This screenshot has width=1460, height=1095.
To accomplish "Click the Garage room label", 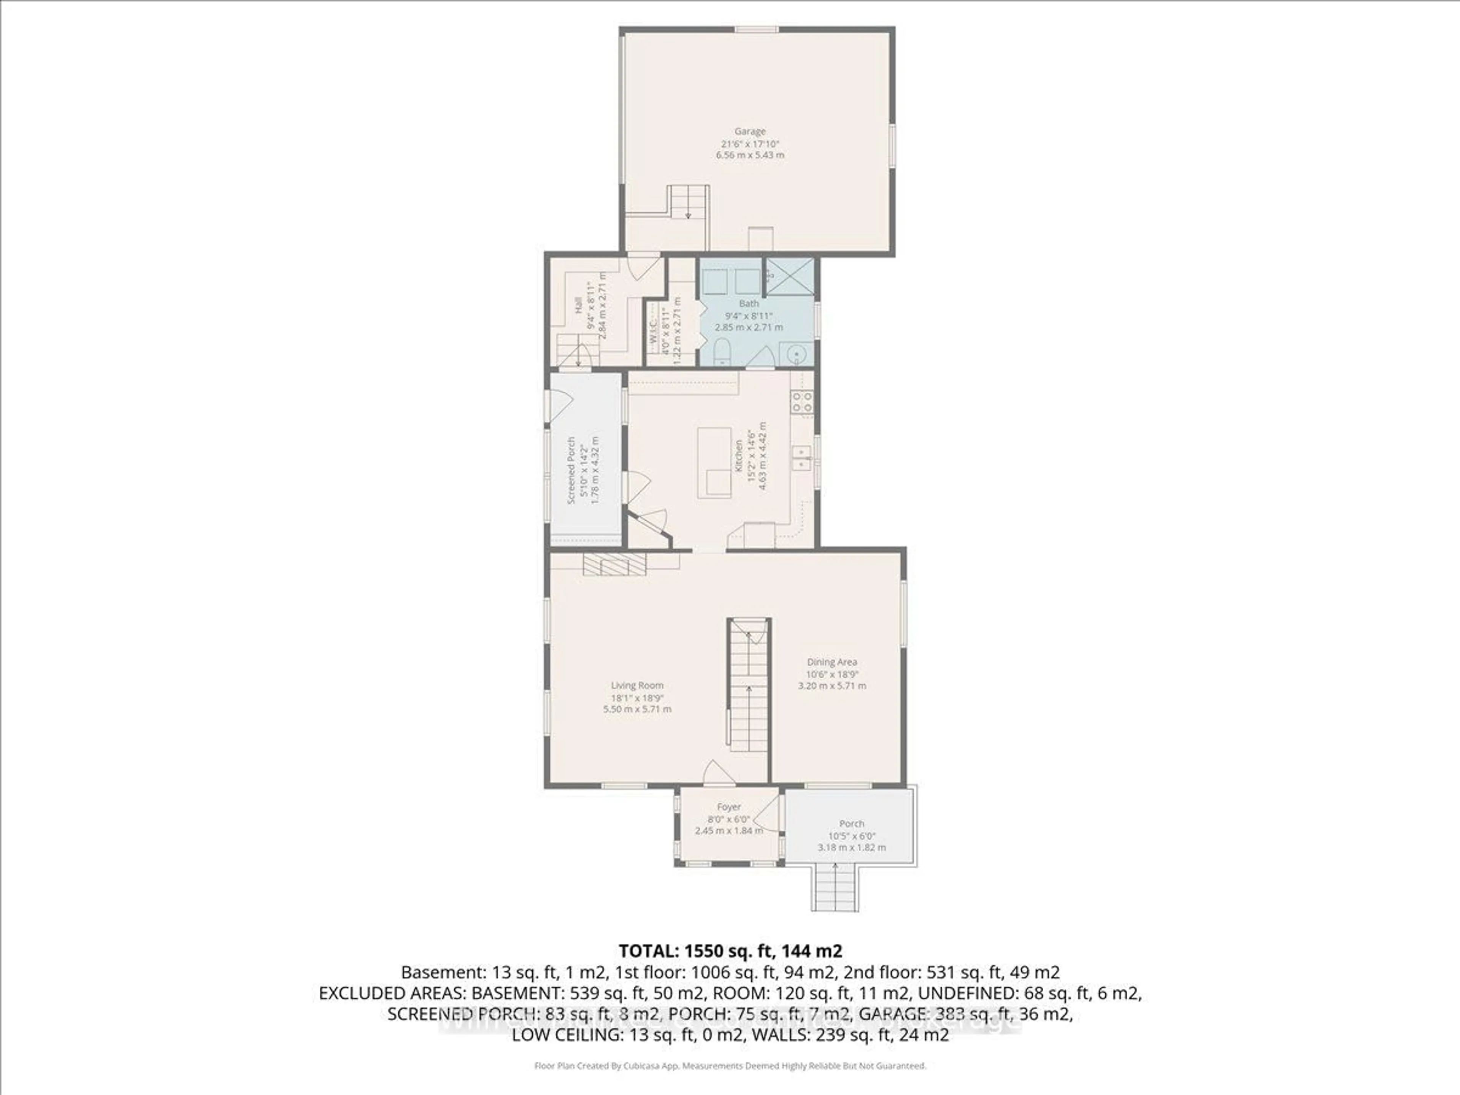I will click(x=750, y=131).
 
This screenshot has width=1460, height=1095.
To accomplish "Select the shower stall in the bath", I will click(x=789, y=276).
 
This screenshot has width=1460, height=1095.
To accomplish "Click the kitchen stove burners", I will click(x=802, y=402).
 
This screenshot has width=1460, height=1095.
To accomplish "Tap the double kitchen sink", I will click(x=801, y=457).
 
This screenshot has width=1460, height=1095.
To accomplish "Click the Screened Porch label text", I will click(x=571, y=470).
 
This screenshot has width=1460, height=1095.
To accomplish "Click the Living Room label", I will click(x=637, y=685).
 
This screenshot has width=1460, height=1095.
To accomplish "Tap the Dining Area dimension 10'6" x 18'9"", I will click(x=832, y=674).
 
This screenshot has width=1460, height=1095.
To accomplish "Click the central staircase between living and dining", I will click(x=749, y=686).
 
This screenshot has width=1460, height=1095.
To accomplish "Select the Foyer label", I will click(x=729, y=806).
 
